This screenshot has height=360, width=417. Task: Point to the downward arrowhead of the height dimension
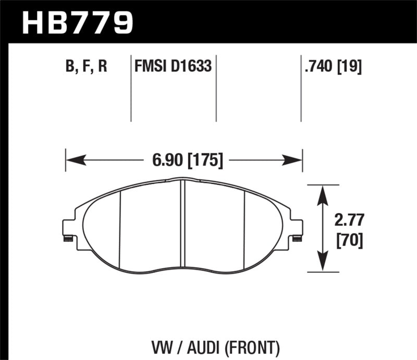tap(323, 263)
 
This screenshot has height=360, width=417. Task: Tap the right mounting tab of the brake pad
tap(297, 229)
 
